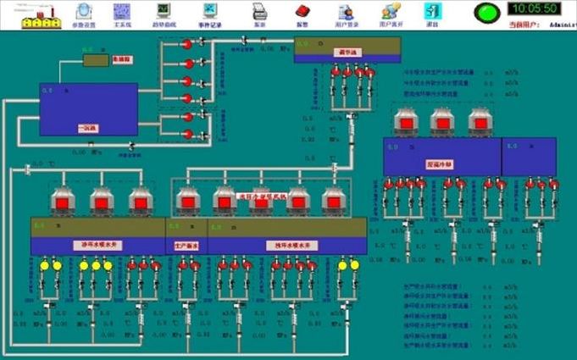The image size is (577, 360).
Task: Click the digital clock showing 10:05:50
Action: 533,8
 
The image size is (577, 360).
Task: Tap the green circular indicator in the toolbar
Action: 486,13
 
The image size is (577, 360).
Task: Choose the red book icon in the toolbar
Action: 302,11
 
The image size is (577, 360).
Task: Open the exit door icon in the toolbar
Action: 432,11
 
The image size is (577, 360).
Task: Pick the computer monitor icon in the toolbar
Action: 163,10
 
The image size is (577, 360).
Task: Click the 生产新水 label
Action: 186,246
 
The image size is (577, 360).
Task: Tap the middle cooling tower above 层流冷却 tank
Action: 441,122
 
